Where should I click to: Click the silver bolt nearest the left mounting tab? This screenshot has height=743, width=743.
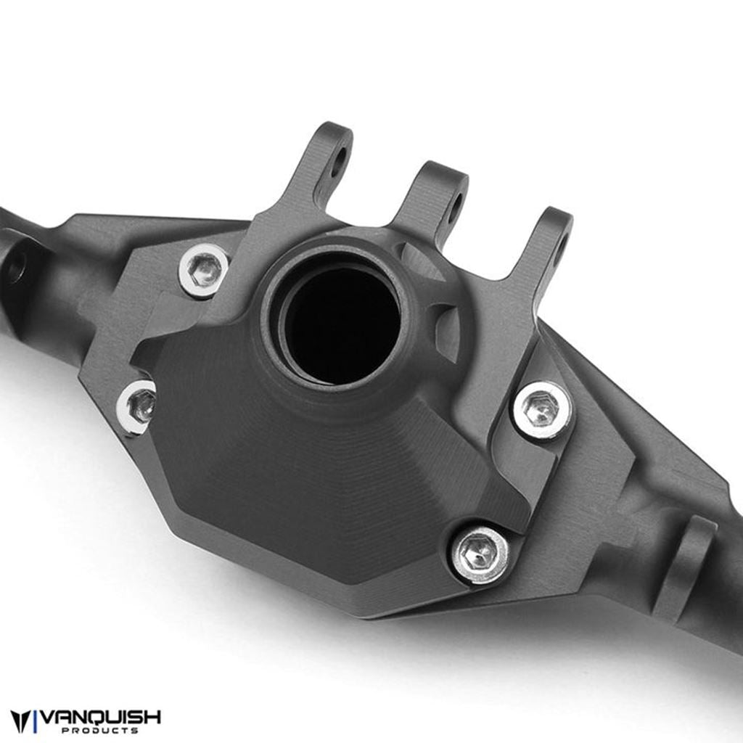click(x=204, y=270)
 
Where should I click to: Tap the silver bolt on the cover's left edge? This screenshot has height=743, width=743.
click(x=138, y=406)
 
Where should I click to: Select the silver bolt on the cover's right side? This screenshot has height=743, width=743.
click(x=543, y=410)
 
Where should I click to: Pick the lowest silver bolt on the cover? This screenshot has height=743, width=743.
click(x=480, y=555)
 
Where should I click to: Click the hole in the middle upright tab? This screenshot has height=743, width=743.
click(x=455, y=207)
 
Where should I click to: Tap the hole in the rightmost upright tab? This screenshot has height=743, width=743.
click(x=559, y=250)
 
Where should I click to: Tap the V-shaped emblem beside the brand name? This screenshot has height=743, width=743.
click(x=22, y=721)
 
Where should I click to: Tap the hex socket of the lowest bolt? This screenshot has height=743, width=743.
click(x=480, y=555)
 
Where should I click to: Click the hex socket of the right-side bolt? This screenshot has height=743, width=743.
click(x=543, y=410)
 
